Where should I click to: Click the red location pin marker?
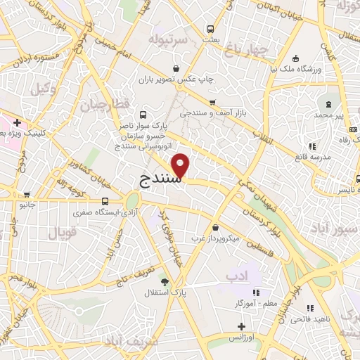[181, 167]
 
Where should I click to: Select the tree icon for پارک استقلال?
[165, 283]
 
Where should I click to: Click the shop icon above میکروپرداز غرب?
[214, 228]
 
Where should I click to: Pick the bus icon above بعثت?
[210, 30]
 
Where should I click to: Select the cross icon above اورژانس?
[242, 326]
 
